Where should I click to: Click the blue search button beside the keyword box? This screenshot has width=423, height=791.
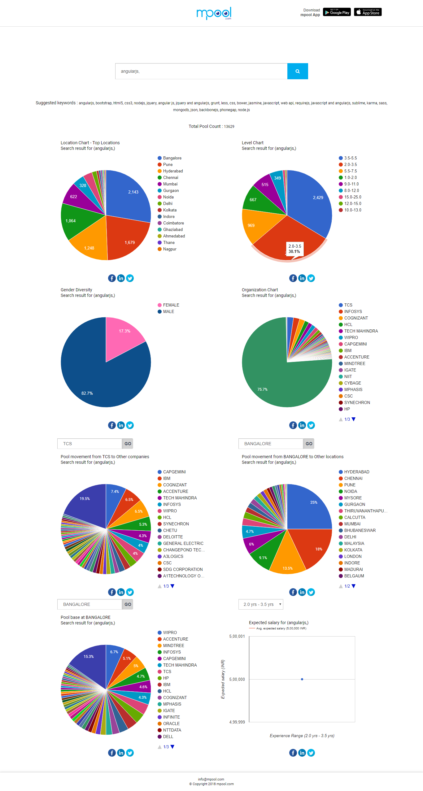pyautogui.click(x=297, y=71)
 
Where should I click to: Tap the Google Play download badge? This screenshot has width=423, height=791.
pyautogui.click(x=337, y=12)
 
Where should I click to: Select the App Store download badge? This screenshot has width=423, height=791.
pyautogui.click(x=368, y=12)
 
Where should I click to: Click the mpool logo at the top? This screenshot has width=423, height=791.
pyautogui.click(x=214, y=13)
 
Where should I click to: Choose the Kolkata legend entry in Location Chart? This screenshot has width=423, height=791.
pyautogui.click(x=170, y=210)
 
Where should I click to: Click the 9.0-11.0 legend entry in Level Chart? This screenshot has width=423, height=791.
pyautogui.click(x=351, y=184)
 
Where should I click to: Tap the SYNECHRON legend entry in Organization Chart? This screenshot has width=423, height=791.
pyautogui.click(x=357, y=403)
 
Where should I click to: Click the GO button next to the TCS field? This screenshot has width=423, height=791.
pyautogui.click(x=128, y=444)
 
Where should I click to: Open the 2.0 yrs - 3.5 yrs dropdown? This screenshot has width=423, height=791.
pyautogui.click(x=261, y=604)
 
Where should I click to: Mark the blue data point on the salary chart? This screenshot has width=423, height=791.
pyautogui.click(x=302, y=679)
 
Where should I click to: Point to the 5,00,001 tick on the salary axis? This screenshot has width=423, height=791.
pyautogui.click(x=237, y=637)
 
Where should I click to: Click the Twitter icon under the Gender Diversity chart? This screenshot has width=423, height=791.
pyautogui.click(x=130, y=425)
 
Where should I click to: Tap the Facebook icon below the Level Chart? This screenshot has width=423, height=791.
pyautogui.click(x=293, y=278)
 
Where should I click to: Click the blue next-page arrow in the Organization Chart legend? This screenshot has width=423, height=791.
pyautogui.click(x=354, y=419)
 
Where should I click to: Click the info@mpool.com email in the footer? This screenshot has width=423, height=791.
pyautogui.click(x=211, y=780)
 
